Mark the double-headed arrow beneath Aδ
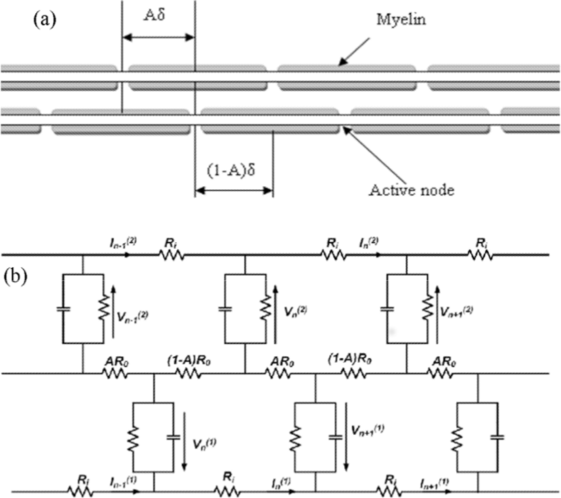[x=158, y=36]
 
